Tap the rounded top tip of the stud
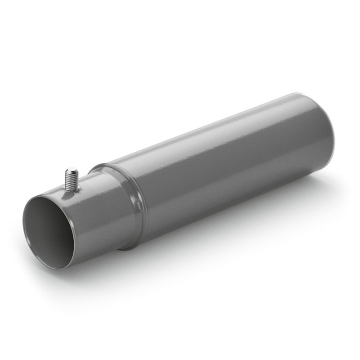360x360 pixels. pos(72,170)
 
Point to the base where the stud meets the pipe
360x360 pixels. pos(73,189)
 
